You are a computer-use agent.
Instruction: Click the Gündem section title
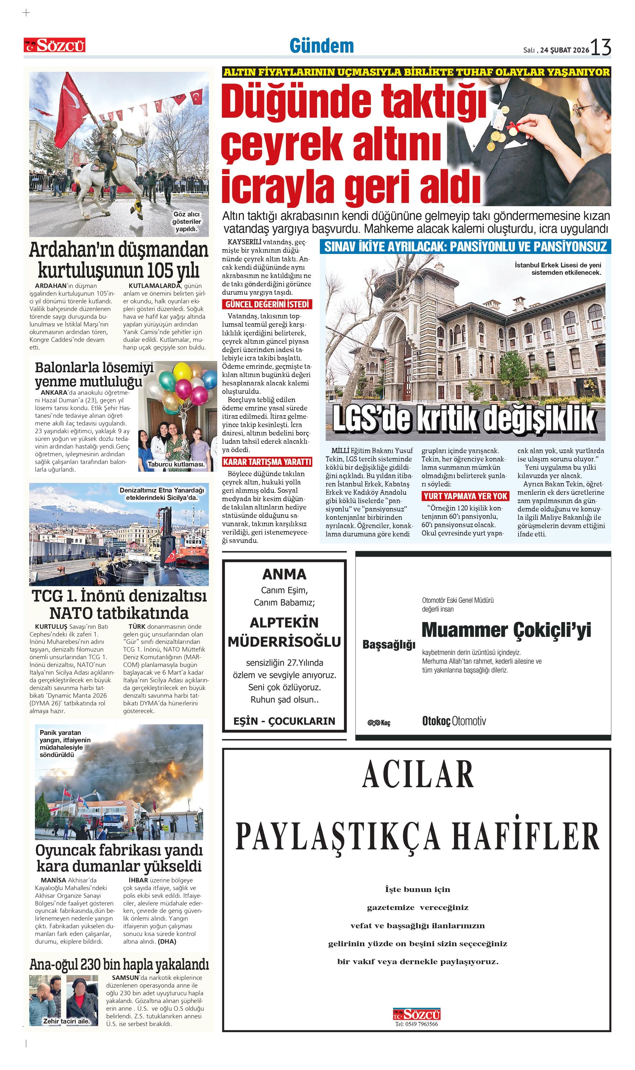click(x=322, y=46)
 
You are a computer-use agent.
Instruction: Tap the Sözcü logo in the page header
click(x=55, y=45)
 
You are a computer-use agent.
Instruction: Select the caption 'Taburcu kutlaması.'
click(x=176, y=464)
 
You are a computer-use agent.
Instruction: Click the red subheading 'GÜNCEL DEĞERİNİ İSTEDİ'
click(x=267, y=304)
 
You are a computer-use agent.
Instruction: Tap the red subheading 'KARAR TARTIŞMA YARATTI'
click(x=267, y=462)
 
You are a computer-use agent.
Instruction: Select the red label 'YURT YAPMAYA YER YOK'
click(x=465, y=496)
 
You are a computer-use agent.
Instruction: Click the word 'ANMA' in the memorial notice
click(x=284, y=574)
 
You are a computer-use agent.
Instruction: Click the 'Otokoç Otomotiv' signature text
click(x=454, y=721)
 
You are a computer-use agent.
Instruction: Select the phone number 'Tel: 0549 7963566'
click(x=416, y=1024)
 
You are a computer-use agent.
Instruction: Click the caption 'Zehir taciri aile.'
click(x=66, y=1021)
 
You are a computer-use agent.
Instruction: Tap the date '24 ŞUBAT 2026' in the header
click(x=564, y=50)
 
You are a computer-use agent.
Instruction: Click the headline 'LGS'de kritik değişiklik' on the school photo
click(x=464, y=419)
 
